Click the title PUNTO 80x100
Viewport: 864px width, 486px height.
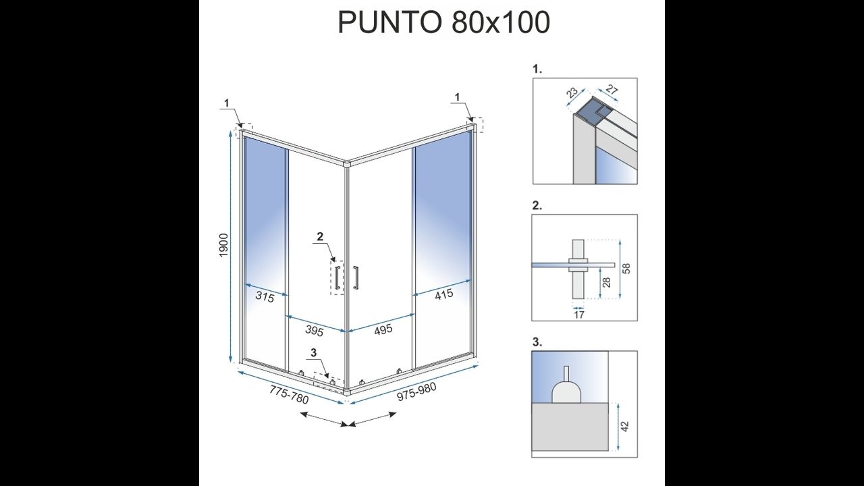coord(443,22)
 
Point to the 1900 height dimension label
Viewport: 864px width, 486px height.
coord(223,246)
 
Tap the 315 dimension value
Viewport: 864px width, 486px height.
coord(265,297)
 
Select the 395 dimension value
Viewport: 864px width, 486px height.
coord(315,331)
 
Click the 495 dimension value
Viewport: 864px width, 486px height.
coord(383,329)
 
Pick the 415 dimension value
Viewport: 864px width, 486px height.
coord(443,295)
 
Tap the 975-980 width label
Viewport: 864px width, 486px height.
coord(417,392)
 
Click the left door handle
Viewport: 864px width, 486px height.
coord(337,277)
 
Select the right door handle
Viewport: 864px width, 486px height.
coord(356,277)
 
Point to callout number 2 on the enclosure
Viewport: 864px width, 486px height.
coord(320,236)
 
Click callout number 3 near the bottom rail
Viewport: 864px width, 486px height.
coord(314,352)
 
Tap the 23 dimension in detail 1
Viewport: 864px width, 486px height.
coord(572,92)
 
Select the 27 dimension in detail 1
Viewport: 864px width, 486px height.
coord(612,90)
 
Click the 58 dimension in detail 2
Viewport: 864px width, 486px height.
coord(626,269)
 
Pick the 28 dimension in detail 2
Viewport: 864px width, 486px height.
coord(607,282)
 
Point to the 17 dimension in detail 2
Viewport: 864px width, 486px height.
coord(579,315)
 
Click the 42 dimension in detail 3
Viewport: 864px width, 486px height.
coord(625,427)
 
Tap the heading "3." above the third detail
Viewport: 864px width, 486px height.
coord(537,342)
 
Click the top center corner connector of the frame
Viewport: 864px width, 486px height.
coord(346,164)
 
